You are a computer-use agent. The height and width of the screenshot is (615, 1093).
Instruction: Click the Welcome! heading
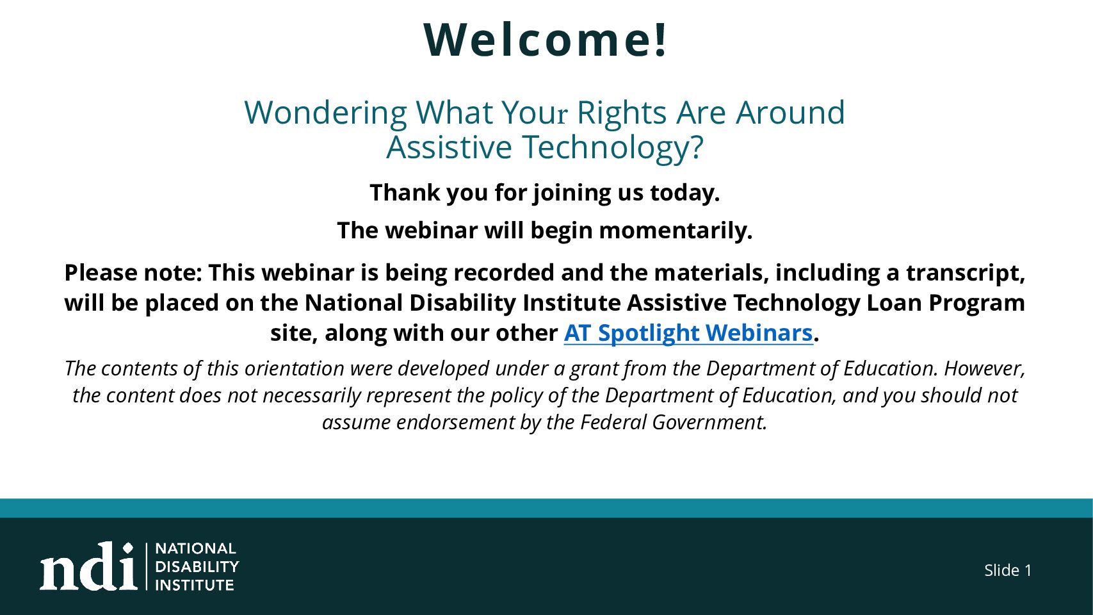pos(545,40)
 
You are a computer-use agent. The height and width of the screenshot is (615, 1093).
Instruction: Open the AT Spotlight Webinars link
pos(688,333)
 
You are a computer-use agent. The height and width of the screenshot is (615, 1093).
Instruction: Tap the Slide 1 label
pos(1008,570)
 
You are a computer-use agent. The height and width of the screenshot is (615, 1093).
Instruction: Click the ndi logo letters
pos(88,566)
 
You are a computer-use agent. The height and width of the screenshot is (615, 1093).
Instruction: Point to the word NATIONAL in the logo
pos(196,548)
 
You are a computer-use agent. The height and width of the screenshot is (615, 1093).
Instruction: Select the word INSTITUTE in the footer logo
pos(195,585)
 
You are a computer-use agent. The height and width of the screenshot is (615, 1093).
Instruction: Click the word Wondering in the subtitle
pos(325,113)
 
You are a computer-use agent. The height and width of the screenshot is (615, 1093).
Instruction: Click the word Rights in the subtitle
pos(622,113)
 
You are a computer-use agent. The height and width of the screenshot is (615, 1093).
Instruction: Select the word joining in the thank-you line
pos(572,193)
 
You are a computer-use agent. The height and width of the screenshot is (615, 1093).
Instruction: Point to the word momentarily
pos(676,231)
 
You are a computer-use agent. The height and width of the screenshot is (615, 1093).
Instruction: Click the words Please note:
pos(133,273)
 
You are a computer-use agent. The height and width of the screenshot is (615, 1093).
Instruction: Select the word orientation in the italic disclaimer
pos(295,368)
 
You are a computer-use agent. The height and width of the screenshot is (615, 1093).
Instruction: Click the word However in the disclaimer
pos(984,368)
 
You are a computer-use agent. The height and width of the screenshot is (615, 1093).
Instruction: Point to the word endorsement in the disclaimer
pos(455,422)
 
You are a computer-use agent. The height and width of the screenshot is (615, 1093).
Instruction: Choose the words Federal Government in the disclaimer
pos(673,422)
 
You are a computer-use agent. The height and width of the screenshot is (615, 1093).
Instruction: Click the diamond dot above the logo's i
pos(128,548)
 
